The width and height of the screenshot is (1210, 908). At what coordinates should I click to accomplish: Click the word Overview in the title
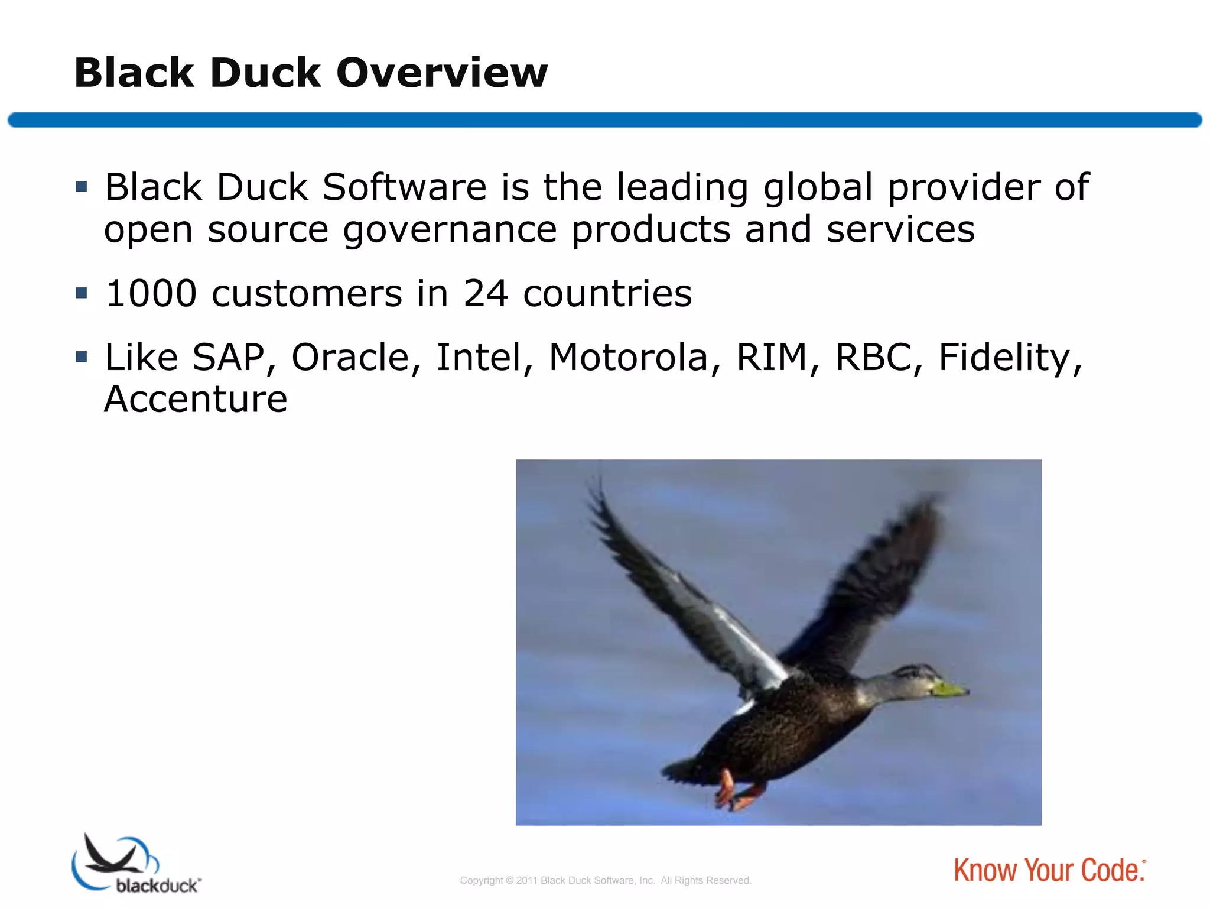(442, 73)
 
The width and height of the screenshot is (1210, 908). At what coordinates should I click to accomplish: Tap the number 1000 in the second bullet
(151, 293)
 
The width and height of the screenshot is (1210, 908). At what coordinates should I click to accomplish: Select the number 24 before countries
(485, 293)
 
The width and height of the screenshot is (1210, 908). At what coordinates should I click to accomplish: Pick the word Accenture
(196, 399)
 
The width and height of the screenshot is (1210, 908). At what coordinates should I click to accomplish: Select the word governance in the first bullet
(450, 229)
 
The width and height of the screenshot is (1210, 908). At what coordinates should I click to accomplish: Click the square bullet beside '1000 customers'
(82, 293)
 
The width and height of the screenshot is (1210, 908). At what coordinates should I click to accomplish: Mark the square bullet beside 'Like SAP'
(82, 356)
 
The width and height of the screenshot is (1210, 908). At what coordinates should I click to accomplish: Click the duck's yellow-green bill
(949, 689)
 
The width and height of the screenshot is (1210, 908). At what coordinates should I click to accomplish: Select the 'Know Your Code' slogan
(1049, 870)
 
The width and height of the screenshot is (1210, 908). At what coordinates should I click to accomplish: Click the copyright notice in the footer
(606, 880)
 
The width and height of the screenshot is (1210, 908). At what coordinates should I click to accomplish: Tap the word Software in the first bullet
(405, 187)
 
